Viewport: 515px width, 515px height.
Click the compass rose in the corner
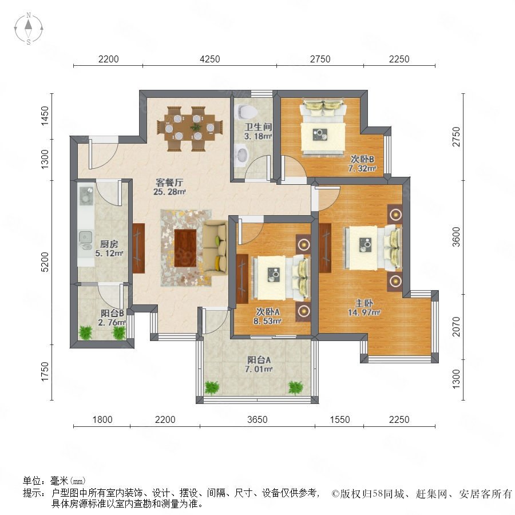[x=29, y=28]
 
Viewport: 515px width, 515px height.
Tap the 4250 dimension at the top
[x=210, y=59]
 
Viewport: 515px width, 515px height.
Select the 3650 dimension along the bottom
[x=257, y=419]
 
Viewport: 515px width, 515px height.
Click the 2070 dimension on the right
[x=456, y=327]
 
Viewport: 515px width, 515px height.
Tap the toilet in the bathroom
[x=245, y=112]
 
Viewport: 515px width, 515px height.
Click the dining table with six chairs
[x=190, y=128]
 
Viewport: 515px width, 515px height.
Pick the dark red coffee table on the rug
[x=185, y=248]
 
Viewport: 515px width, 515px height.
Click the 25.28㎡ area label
[x=169, y=192]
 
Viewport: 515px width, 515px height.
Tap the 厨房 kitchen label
[x=109, y=244]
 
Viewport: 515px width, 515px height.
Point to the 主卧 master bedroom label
[x=363, y=303]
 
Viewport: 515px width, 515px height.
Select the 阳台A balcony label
[x=259, y=360]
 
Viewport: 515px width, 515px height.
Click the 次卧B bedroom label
[x=362, y=159]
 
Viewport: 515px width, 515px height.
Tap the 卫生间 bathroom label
[x=258, y=127]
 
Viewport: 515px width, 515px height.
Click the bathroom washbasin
[x=243, y=156]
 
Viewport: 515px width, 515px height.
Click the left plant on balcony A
[x=212, y=388]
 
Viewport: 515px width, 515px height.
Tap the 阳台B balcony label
[x=112, y=314]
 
